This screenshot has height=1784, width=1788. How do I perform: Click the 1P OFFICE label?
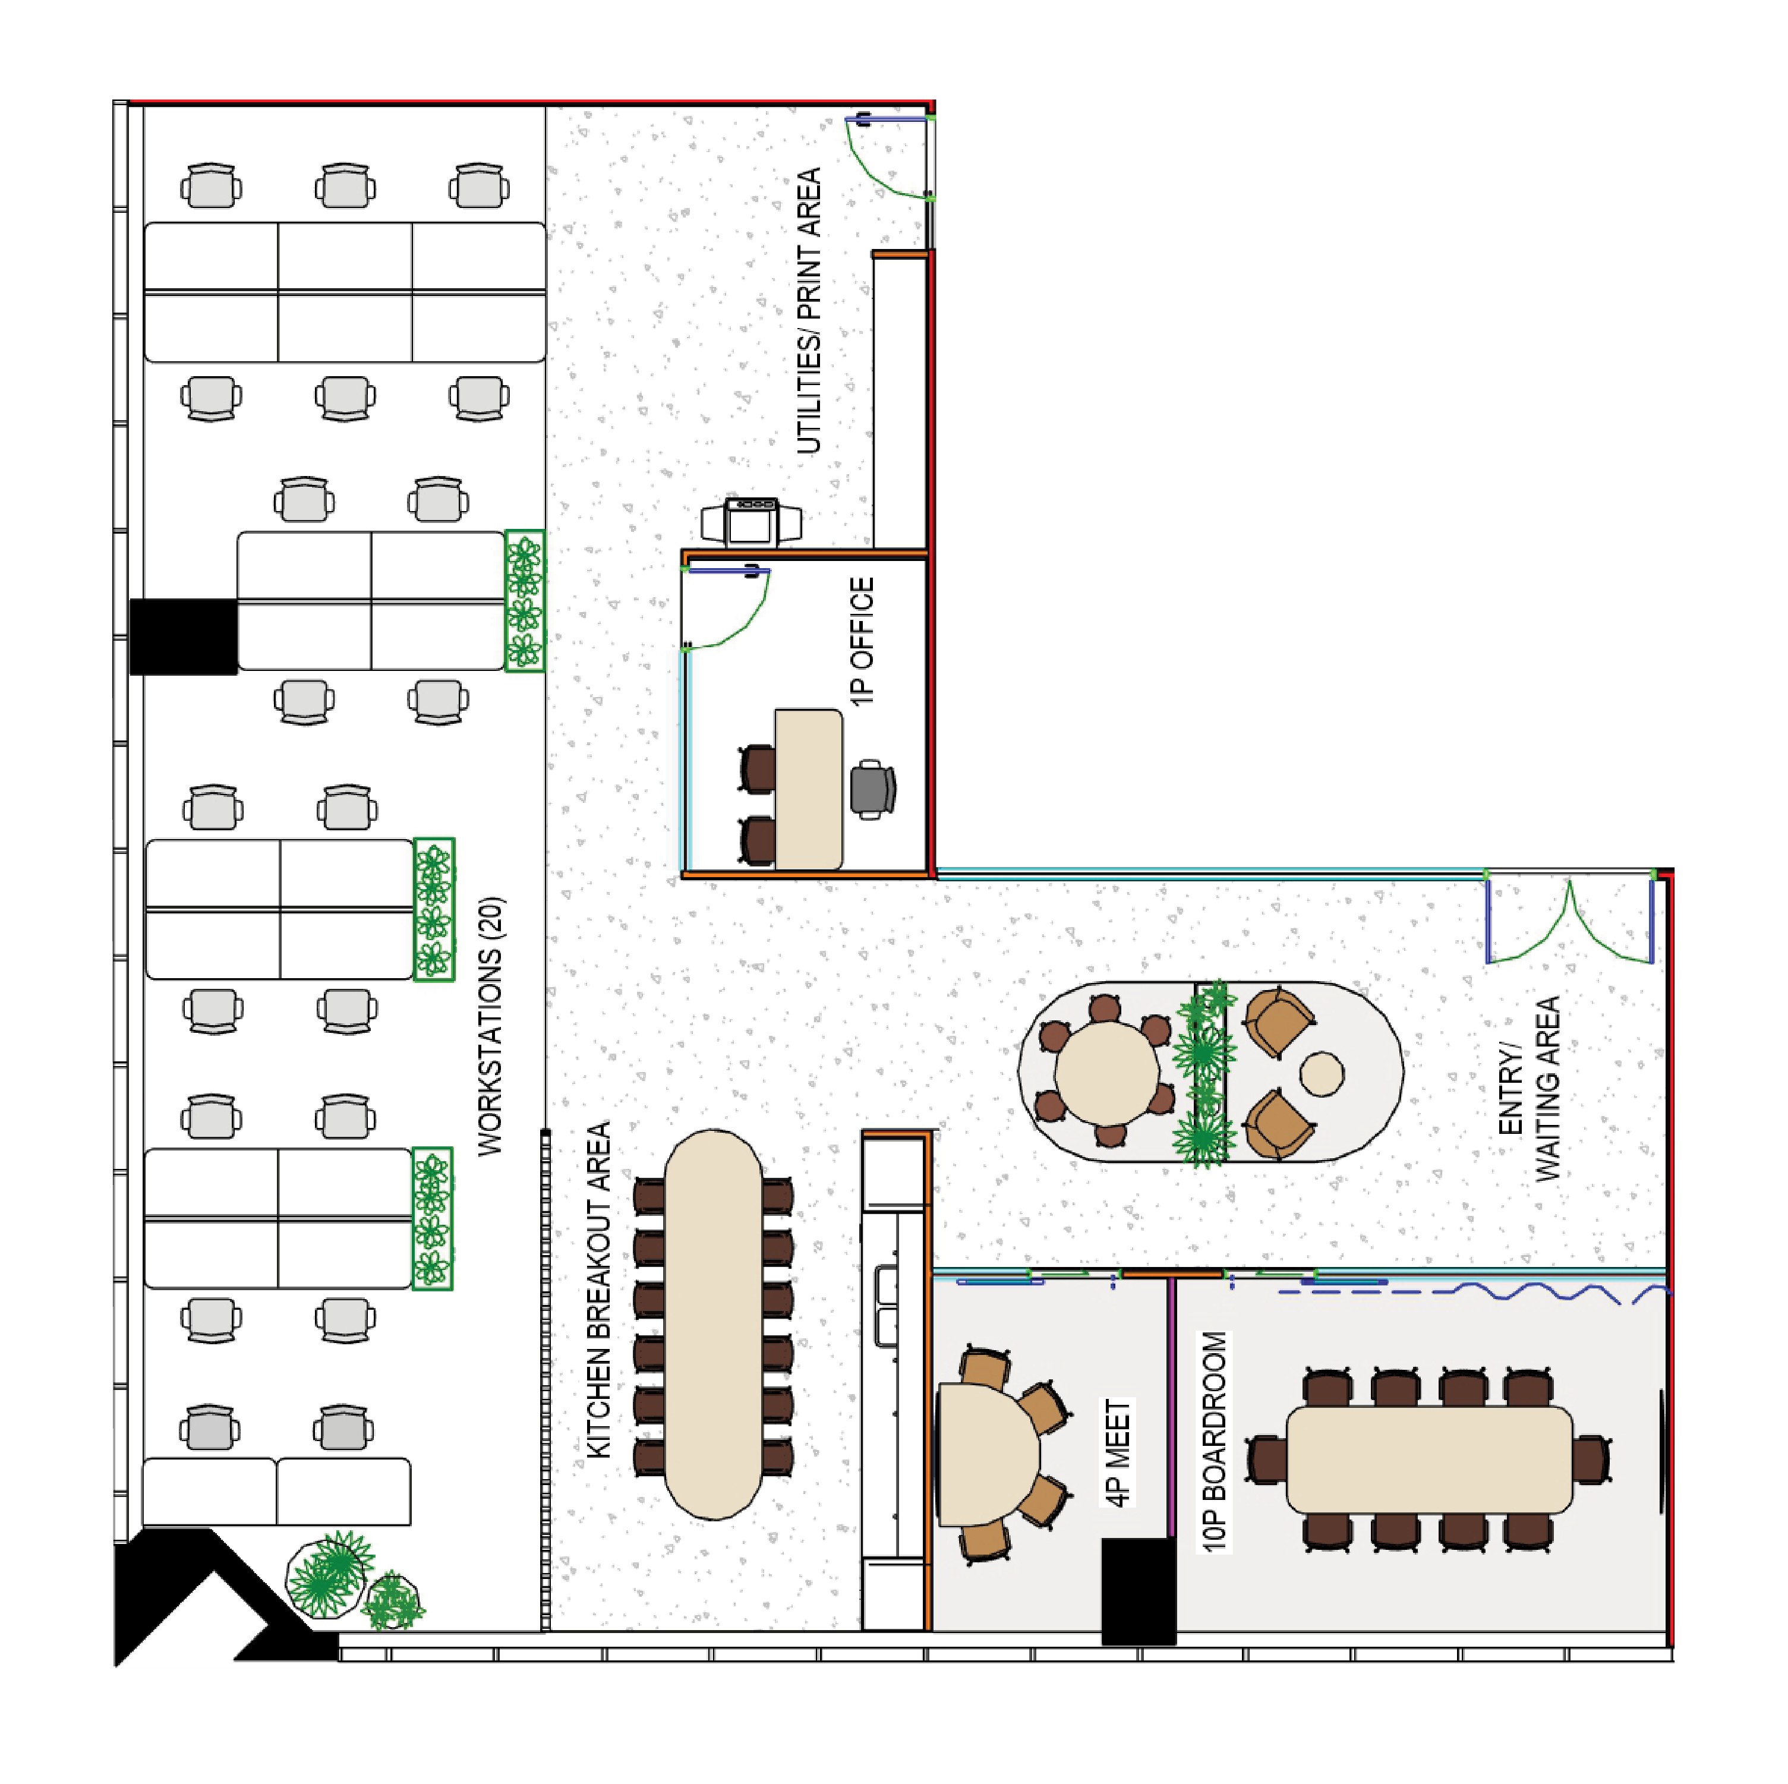[862, 642]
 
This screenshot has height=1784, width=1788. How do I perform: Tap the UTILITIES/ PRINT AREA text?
[809, 311]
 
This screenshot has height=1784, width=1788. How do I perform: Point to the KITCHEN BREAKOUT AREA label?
[600, 1290]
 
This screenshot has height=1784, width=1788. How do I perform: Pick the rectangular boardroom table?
[1429, 1459]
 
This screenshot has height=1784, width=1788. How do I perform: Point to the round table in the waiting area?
[1107, 1073]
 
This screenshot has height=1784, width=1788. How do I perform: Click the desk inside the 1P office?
[809, 789]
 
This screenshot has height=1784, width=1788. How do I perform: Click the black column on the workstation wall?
[183, 636]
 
